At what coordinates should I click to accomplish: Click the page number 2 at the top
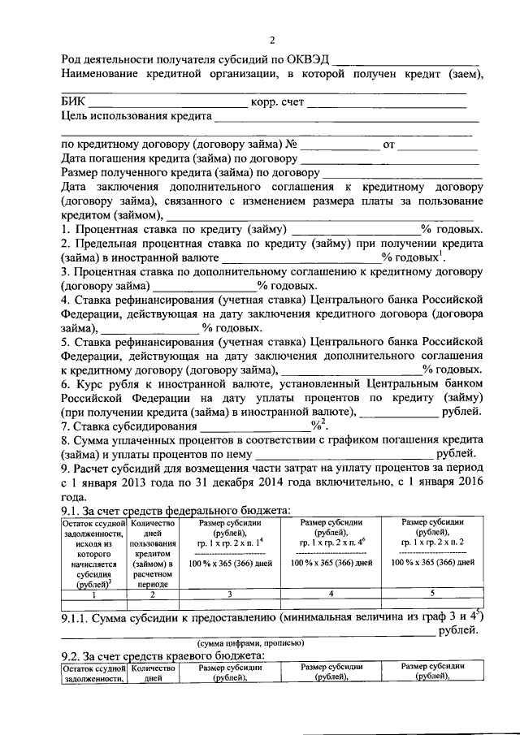(x=273, y=41)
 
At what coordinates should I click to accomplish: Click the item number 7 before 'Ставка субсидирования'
(x=65, y=425)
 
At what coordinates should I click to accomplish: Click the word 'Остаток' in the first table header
(x=80, y=524)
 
